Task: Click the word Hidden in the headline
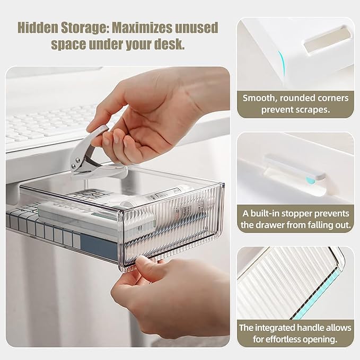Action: pos(38,28)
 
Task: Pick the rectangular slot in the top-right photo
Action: pos(328,40)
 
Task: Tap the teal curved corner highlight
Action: pos(282,64)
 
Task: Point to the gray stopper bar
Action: pos(295,167)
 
